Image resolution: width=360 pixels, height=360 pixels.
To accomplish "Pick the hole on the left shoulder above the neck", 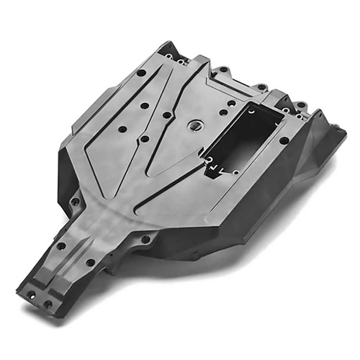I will click(x=74, y=202).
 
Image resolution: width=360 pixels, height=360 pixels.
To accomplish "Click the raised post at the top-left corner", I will click(x=167, y=49).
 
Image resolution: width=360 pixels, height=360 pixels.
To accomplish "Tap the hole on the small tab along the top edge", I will click(x=225, y=70).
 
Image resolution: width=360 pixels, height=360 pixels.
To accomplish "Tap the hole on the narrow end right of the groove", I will click(x=91, y=263).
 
